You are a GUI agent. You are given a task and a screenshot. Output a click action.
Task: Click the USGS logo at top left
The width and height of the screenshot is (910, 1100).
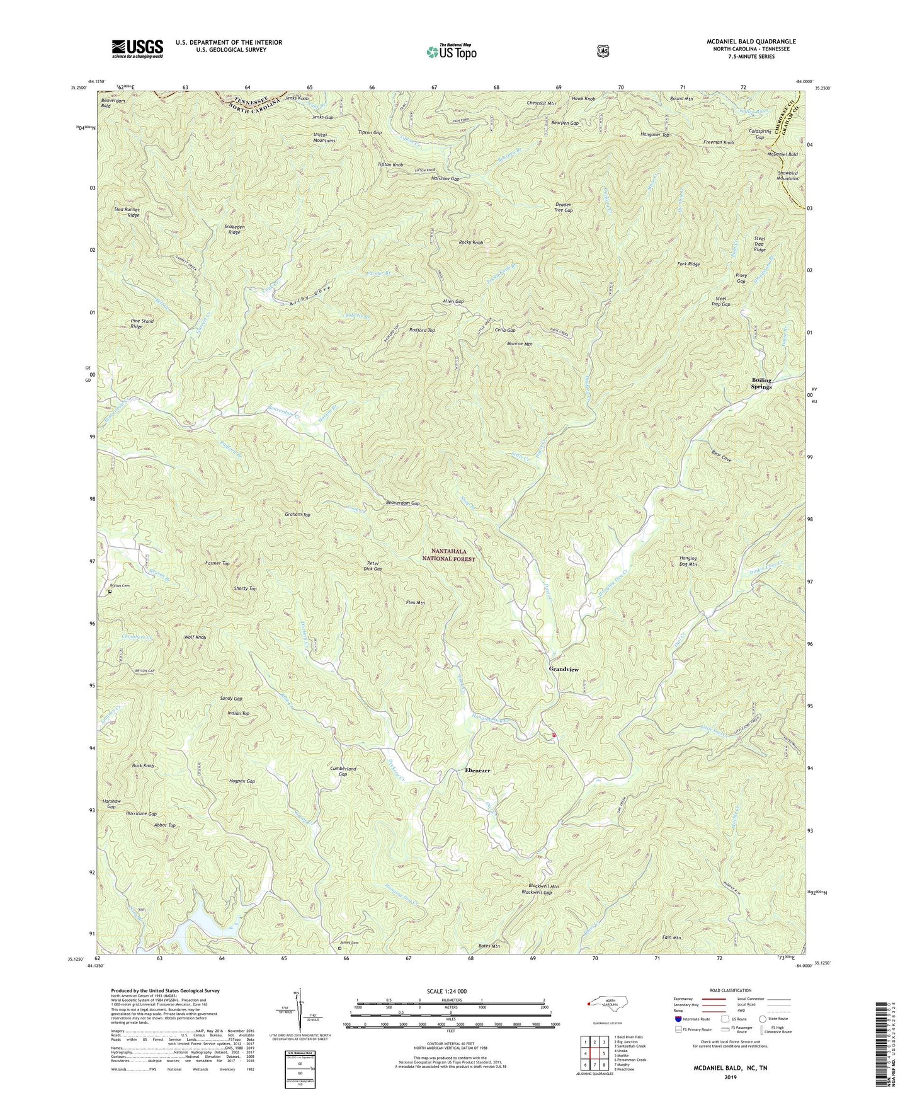pos(137,48)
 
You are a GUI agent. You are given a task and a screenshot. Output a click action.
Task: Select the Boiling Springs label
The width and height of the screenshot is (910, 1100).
pos(761,384)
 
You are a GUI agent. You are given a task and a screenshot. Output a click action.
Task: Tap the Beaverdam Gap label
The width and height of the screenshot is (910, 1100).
pos(402,503)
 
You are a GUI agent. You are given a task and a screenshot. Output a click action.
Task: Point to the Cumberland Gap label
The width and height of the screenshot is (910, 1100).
pos(343,772)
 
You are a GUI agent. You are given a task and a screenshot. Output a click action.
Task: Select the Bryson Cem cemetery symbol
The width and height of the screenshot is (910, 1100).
pos(110,592)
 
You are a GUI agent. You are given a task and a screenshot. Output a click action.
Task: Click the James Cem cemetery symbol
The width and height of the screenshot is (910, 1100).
pos(340,948)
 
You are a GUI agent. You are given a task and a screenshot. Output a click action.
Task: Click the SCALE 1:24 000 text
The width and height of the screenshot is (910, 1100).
pos(450,991)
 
